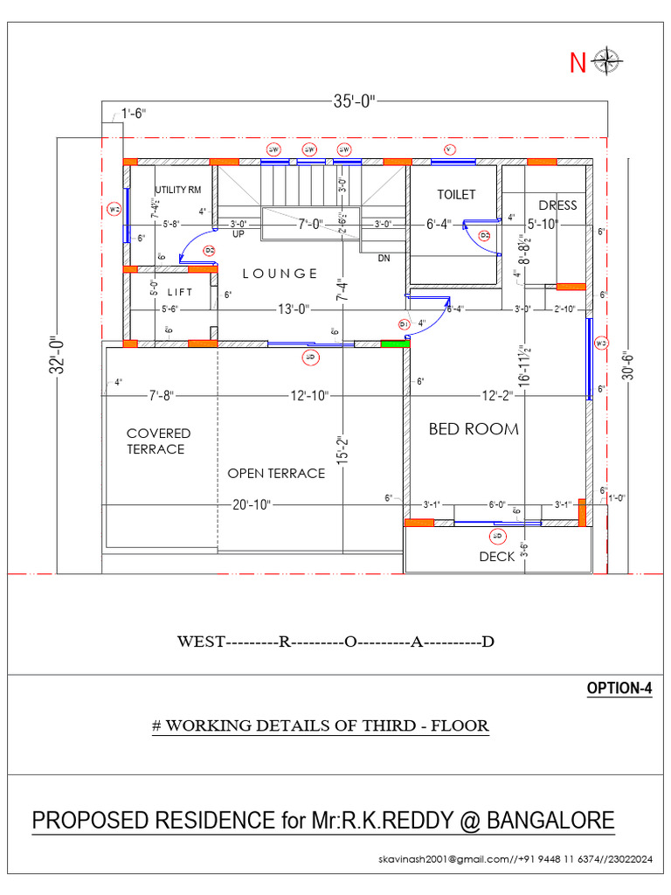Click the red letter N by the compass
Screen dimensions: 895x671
(x=578, y=63)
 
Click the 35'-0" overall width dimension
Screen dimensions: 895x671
(x=354, y=101)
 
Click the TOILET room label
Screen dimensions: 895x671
(x=456, y=194)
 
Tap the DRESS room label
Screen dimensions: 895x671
(x=557, y=205)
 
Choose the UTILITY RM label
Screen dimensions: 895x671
(x=178, y=190)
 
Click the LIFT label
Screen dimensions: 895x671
(x=180, y=293)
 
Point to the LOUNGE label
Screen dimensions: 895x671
(x=280, y=274)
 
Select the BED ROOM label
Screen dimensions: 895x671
(x=474, y=429)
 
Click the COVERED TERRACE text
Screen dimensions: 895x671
(x=157, y=441)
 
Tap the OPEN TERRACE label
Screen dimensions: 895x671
(x=276, y=474)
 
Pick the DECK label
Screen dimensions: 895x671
(x=496, y=557)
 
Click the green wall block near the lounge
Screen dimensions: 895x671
(x=395, y=343)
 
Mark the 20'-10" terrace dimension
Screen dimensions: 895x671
(x=252, y=504)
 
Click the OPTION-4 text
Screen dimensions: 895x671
(x=619, y=688)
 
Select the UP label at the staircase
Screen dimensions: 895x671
(x=238, y=234)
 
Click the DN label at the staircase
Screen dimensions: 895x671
(x=384, y=259)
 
